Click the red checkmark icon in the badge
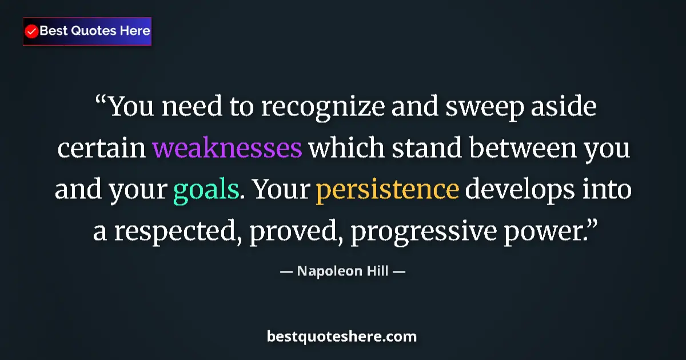coord(32,31)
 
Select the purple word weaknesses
coord(227,149)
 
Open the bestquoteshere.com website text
coord(342,337)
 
